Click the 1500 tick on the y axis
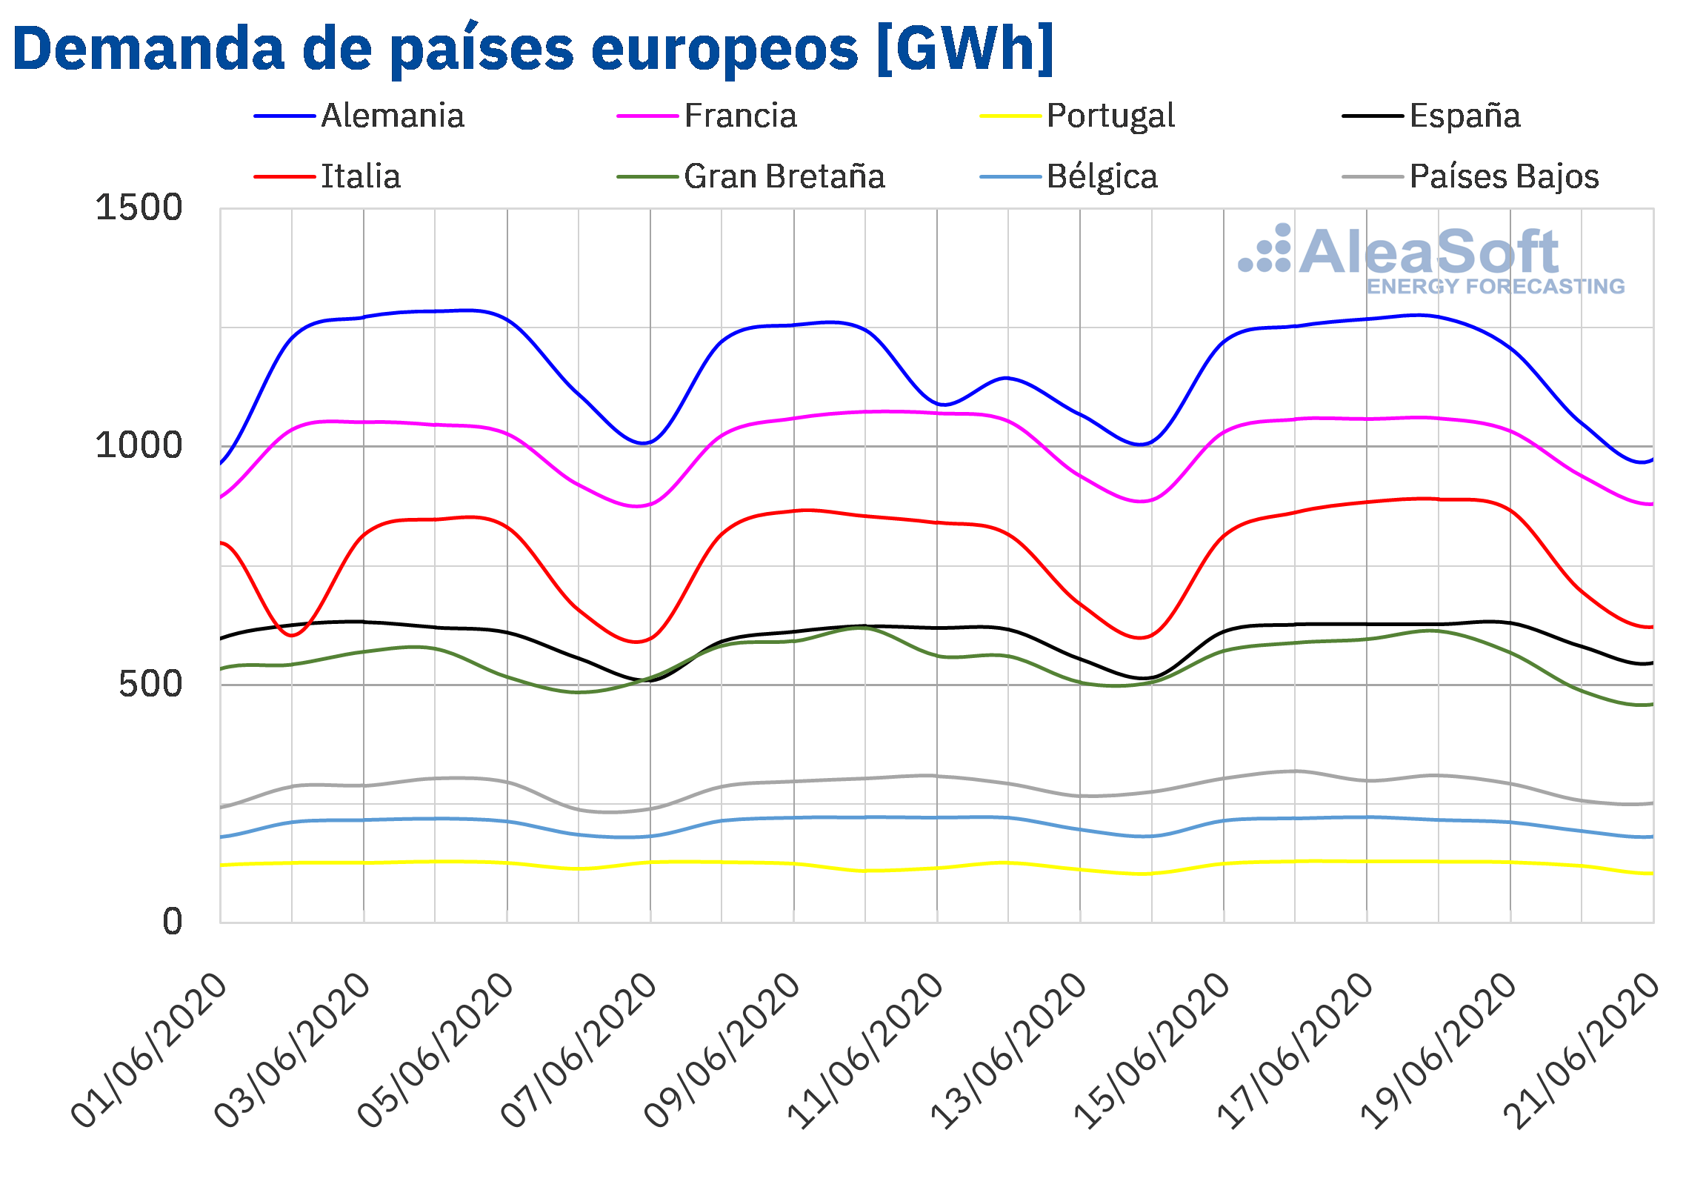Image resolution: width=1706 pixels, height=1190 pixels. [x=139, y=207]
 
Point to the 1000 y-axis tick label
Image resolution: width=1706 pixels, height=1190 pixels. [x=139, y=446]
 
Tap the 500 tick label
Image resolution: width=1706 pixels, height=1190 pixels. [x=150, y=685]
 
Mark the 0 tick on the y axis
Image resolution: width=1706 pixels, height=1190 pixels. [x=173, y=923]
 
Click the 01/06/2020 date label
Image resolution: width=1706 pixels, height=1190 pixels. [x=149, y=1050]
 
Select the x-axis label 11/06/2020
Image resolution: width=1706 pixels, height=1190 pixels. [x=865, y=1050]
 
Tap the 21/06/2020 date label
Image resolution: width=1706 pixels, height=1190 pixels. [x=1581, y=1050]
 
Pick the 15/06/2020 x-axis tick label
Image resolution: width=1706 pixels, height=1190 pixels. [x=1152, y=1050]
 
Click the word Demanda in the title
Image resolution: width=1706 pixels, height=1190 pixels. [x=149, y=49]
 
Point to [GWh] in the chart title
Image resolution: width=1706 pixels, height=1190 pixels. [x=965, y=49]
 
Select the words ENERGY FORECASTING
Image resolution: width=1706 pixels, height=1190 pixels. [x=1496, y=287]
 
